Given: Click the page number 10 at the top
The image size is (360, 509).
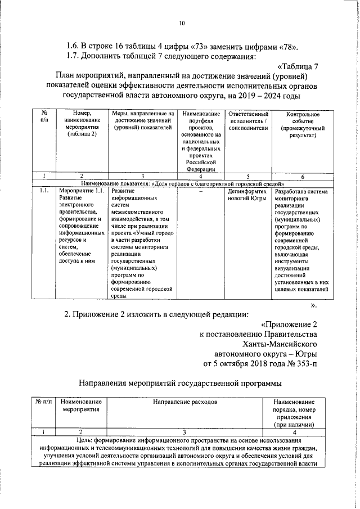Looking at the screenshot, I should [x=181, y=23].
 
